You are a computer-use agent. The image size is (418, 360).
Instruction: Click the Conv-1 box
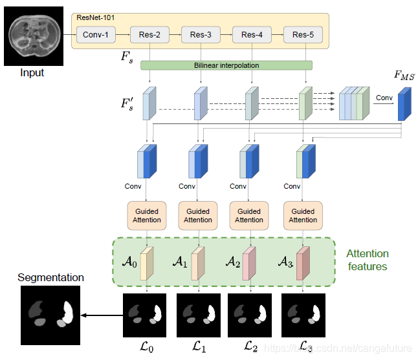[96, 35]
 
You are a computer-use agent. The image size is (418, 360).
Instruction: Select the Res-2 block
[149, 35]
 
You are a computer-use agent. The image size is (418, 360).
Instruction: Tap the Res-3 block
[201, 35]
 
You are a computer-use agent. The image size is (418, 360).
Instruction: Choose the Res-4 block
[252, 35]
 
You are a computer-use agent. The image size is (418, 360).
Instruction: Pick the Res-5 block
[303, 35]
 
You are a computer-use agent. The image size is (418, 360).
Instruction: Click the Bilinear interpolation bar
[226, 65]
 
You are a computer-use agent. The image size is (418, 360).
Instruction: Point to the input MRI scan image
[34, 36]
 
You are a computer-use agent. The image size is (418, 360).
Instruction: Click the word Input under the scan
[32, 72]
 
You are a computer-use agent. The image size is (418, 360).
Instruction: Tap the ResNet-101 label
[95, 18]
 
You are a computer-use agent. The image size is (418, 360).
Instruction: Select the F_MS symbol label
[404, 75]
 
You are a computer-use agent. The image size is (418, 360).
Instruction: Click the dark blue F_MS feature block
[404, 104]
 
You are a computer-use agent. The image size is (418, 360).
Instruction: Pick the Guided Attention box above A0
[147, 216]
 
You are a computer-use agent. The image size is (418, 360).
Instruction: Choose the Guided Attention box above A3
[303, 216]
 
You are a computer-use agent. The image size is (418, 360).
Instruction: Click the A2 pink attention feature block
[249, 264]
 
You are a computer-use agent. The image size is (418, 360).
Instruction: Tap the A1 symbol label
[180, 262]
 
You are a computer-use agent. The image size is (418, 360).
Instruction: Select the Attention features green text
[368, 260]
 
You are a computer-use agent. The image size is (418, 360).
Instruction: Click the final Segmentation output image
[50, 315]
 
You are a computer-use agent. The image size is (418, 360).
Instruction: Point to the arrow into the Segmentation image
[102, 315]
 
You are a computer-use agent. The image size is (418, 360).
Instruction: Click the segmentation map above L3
[303, 315]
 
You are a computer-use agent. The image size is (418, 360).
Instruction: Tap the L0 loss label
[147, 347]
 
